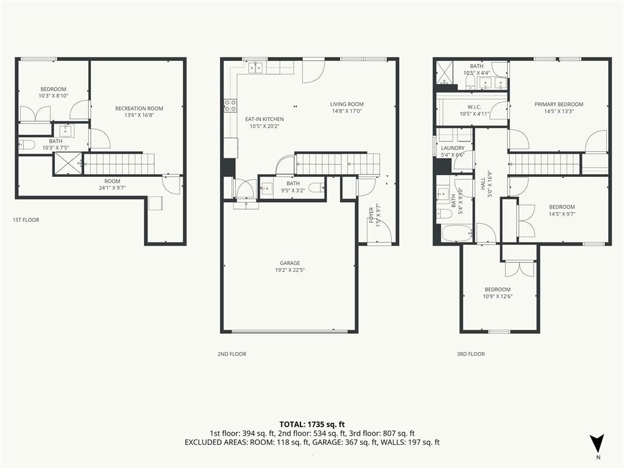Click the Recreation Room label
pyautogui.click(x=139, y=108)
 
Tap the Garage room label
pyautogui.click(x=289, y=263)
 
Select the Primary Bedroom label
pyautogui.click(x=559, y=104)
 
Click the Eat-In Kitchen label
pyautogui.click(x=264, y=119)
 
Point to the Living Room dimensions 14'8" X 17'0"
pyautogui.click(x=347, y=112)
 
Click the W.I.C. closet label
pyautogui.click(x=474, y=107)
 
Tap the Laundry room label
pyautogui.click(x=453, y=148)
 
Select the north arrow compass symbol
pyautogui.click(x=597, y=444)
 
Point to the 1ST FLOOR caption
pyautogui.click(x=26, y=219)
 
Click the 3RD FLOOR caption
pyautogui.click(x=471, y=354)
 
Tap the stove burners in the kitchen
pyautogui.click(x=230, y=105)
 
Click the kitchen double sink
pyautogui.click(x=255, y=68)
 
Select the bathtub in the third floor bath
pyautogui.click(x=457, y=233)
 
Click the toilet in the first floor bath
pyautogui.click(x=27, y=144)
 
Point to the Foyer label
pyautogui.click(x=371, y=215)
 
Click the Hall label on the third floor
pyautogui.click(x=483, y=183)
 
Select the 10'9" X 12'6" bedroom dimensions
pyautogui.click(x=497, y=297)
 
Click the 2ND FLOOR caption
pyautogui.click(x=232, y=354)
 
